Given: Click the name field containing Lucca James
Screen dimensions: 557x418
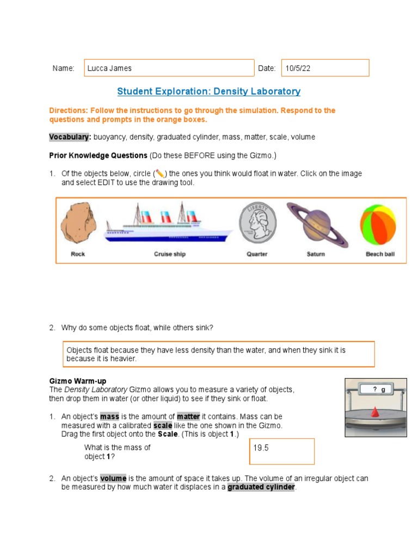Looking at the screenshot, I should [169, 68].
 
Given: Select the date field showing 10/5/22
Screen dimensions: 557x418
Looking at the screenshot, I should [325, 68].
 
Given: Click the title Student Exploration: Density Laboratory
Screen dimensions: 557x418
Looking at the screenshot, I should [209, 91].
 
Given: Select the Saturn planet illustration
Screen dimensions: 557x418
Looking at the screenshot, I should [316, 224].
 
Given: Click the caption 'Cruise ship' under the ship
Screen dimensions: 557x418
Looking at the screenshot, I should [170, 254].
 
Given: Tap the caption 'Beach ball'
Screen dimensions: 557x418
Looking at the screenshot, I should [380, 254].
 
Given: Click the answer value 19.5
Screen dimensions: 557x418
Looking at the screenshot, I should [261, 448].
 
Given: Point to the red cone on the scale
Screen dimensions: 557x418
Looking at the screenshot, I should [376, 414].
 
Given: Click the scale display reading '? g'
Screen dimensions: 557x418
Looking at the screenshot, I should [379, 389].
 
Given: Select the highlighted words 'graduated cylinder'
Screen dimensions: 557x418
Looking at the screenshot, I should [261, 487].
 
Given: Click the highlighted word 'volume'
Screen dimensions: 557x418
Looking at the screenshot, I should [113, 478].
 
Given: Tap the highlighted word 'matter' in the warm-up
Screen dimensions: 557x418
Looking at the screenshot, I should [188, 417].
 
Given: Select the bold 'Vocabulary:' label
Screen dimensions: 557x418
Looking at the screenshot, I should [70, 137].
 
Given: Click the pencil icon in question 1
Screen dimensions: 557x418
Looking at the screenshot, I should [159, 174].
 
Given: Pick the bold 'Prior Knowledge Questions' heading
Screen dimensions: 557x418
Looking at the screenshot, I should [98, 156].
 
